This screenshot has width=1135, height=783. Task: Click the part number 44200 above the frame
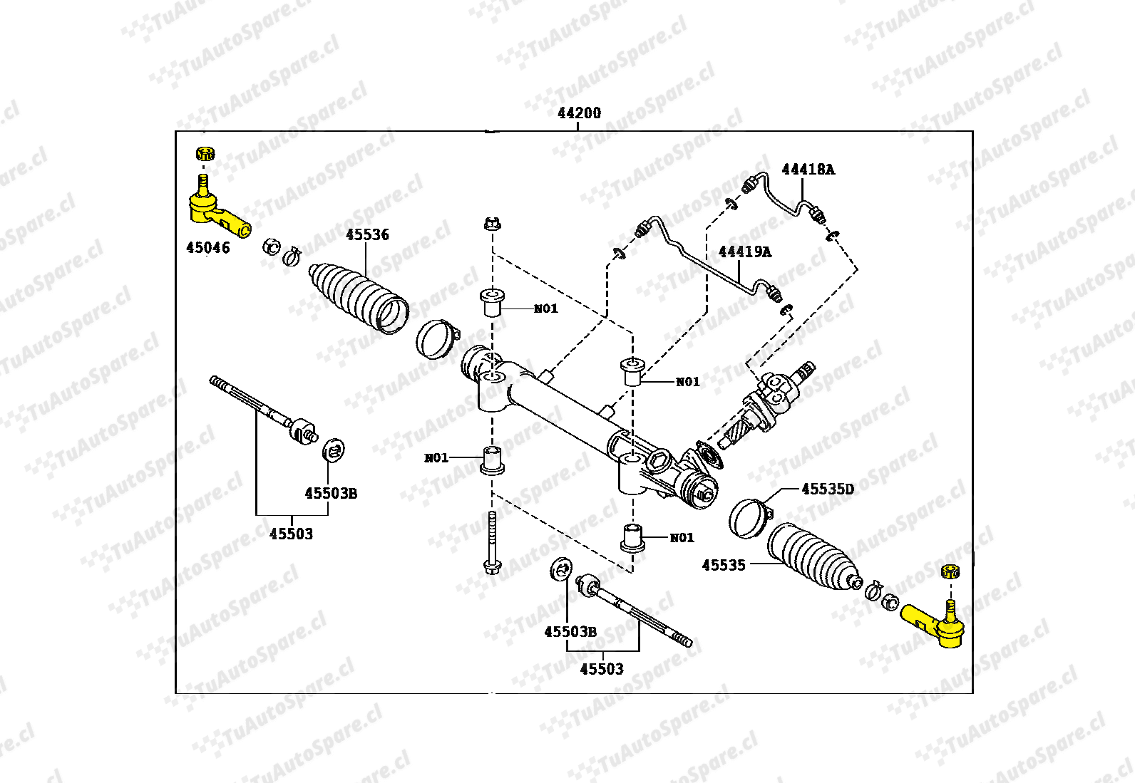pos(579,113)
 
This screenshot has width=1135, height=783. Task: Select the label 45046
pos(207,248)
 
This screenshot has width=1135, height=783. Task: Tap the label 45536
pos(367,234)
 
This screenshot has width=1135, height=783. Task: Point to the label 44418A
pos(808,170)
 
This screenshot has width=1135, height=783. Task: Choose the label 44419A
pos(744,252)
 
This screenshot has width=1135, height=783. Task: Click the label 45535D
pos(827,489)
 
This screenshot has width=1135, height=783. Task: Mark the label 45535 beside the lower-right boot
pos(723,565)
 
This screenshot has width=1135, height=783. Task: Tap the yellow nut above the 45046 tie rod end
pos(205,153)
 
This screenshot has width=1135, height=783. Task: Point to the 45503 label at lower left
pos(291,534)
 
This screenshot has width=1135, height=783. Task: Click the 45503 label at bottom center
pos(601,669)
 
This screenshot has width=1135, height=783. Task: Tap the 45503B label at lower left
pos(331,493)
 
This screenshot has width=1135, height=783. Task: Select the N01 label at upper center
pos(545,308)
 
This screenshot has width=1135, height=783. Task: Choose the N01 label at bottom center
pos(682,538)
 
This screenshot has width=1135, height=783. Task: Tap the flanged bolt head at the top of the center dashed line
pos(491,224)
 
